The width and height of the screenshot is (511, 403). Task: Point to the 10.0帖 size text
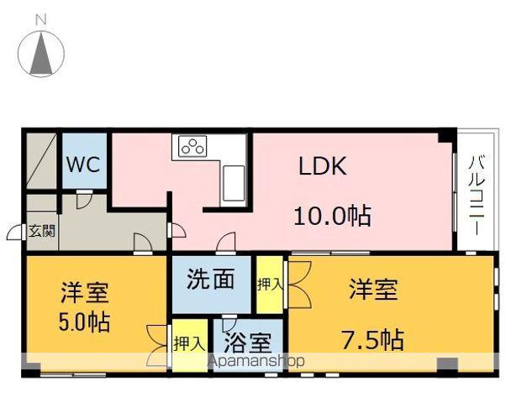[x=332, y=216]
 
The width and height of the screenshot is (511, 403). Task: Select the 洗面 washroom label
[x=210, y=279]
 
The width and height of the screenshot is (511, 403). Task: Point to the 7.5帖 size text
[x=371, y=340]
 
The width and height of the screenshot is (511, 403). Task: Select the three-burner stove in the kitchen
[x=193, y=146]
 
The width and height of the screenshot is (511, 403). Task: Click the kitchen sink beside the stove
[x=233, y=180]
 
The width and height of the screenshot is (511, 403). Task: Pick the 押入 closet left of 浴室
[x=188, y=343]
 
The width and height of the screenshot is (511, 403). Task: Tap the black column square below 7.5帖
[x=447, y=364]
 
